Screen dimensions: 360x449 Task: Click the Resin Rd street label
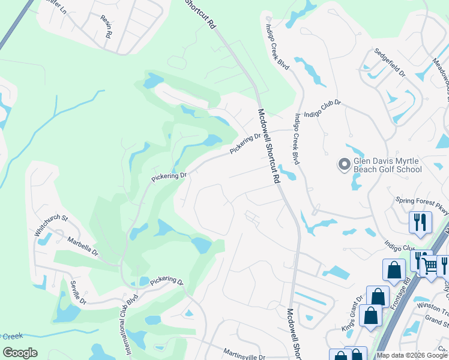coord(107,27)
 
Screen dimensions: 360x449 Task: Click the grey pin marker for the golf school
coord(345,163)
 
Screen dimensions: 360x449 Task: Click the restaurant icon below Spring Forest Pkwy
coord(420,222)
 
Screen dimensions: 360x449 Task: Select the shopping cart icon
coord(430,265)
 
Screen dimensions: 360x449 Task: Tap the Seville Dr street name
coord(79,292)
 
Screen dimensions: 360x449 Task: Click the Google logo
coord(20,353)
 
